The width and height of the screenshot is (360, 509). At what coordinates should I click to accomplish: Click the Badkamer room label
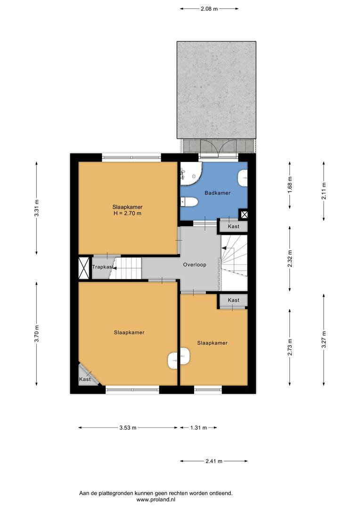pyautogui.click(x=217, y=193)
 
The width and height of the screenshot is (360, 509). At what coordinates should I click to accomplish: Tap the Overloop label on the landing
pyautogui.click(x=195, y=264)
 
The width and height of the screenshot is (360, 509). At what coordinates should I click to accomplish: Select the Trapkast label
pyautogui.click(x=103, y=267)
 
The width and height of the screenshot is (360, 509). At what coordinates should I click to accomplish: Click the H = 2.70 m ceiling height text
pyautogui.click(x=127, y=213)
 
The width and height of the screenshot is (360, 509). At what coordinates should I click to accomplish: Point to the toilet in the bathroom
pyautogui.click(x=189, y=202)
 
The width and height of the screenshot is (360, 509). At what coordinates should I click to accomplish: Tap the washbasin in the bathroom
pyautogui.click(x=243, y=178)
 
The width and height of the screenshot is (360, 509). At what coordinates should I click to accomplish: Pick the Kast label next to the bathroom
pyautogui.click(x=233, y=226)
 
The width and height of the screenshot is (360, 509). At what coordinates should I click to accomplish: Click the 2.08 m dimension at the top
pyautogui.click(x=209, y=9)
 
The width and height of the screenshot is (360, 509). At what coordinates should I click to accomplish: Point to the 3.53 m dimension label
pyautogui.click(x=128, y=427)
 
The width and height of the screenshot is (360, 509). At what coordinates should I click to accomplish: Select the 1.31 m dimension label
pyautogui.click(x=198, y=427)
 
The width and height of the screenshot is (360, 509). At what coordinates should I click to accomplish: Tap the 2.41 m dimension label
pyautogui.click(x=214, y=461)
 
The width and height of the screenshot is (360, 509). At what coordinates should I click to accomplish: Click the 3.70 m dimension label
pyautogui.click(x=37, y=334)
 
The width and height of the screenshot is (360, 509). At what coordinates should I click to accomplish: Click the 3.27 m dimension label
pyautogui.click(x=324, y=339)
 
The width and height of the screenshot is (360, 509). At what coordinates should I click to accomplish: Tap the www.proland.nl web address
pyautogui.click(x=156, y=500)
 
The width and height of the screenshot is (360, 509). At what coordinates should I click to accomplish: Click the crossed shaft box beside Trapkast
pyautogui.click(x=84, y=268)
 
